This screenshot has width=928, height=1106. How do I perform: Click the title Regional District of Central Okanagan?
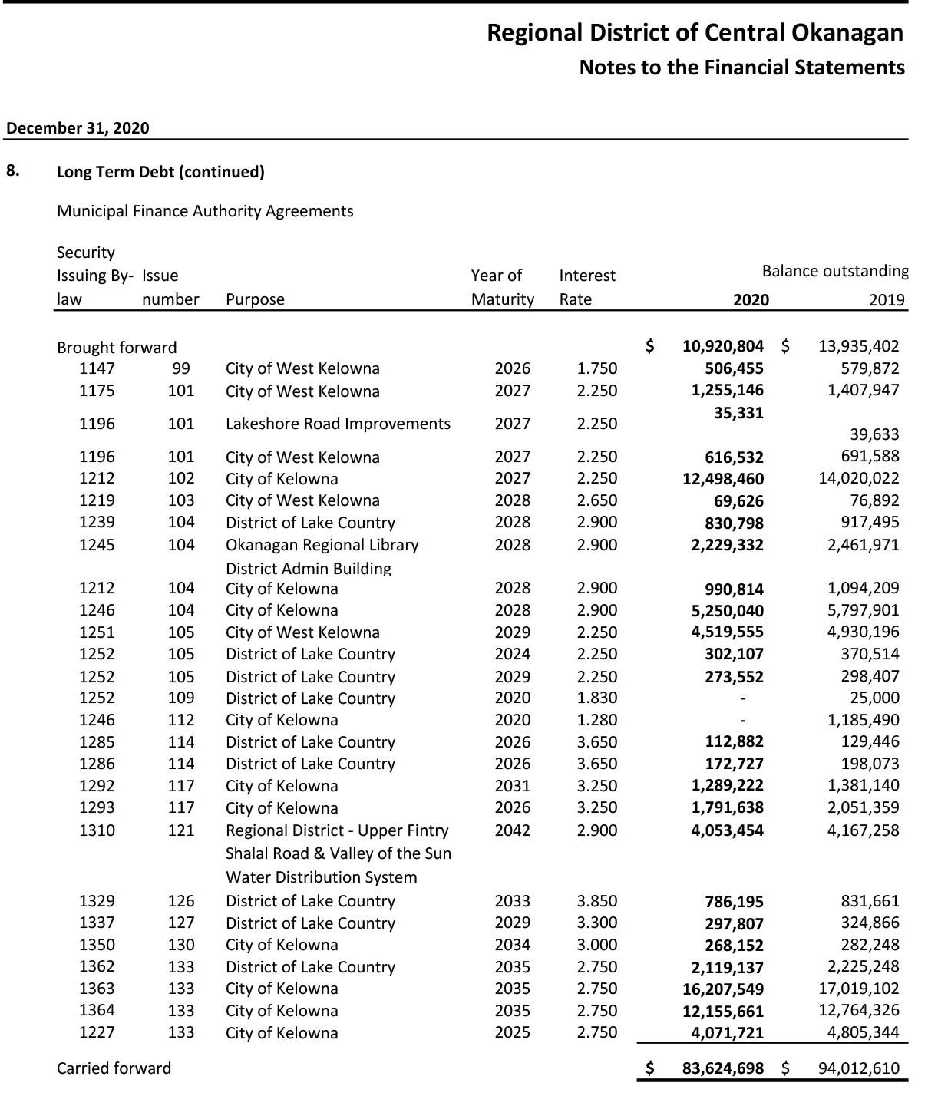(695, 33)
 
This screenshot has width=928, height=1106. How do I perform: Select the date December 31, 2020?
(78, 128)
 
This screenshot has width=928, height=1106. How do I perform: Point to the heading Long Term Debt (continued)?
(160, 172)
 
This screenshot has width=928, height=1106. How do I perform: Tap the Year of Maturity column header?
(502, 287)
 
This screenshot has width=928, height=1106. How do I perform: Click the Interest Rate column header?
(587, 287)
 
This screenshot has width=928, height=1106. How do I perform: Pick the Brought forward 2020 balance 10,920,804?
(722, 346)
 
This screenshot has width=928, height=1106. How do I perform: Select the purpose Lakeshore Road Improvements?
(338, 424)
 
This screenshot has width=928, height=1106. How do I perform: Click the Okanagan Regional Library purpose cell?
(322, 545)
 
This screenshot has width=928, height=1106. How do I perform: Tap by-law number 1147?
(97, 368)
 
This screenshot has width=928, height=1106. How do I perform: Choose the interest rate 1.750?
(596, 368)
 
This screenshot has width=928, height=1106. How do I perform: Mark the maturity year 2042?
(512, 830)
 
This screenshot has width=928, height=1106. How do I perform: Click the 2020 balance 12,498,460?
(722, 479)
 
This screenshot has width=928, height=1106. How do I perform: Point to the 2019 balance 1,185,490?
(863, 720)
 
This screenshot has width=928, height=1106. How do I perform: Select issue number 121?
(181, 830)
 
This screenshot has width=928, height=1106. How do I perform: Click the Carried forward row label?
(114, 1068)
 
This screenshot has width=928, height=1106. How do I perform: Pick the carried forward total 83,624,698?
(722, 1068)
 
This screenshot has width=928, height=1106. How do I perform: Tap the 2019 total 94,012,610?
(858, 1068)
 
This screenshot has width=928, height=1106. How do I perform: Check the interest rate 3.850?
(596, 901)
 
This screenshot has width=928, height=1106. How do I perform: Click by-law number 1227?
(97, 1032)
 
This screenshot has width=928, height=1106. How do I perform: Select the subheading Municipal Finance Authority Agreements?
(205, 211)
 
